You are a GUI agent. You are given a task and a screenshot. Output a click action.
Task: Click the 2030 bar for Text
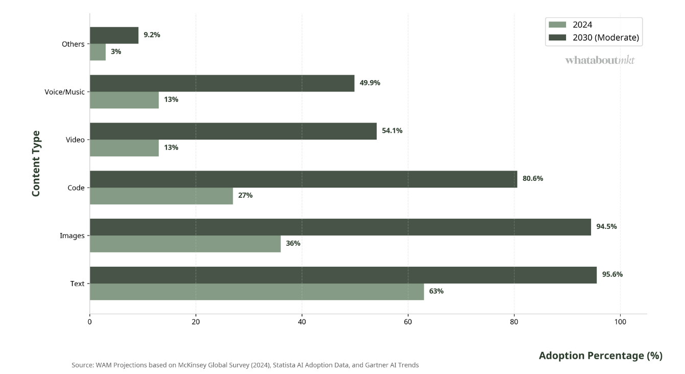pyautogui.click(x=343, y=275)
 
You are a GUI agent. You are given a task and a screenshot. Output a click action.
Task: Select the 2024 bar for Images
pyautogui.click(x=185, y=244)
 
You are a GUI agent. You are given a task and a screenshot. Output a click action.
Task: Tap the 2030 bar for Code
pyautogui.click(x=303, y=179)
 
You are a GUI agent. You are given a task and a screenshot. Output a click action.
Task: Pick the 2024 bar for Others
pyautogui.click(x=97, y=52)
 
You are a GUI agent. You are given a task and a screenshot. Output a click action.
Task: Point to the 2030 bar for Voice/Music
pyautogui.click(x=222, y=83)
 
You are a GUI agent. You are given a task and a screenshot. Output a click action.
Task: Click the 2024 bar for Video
pyautogui.click(x=124, y=148)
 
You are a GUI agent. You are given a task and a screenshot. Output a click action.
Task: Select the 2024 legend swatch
pyautogui.click(x=557, y=25)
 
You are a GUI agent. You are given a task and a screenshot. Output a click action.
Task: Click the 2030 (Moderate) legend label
pyautogui.click(x=605, y=37)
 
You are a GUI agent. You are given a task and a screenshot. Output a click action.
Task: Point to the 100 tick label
pyautogui.click(x=620, y=322)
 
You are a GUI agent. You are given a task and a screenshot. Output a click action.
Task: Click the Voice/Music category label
pyautogui.click(x=64, y=92)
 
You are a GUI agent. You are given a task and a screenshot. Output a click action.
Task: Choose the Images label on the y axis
pyautogui.click(x=72, y=236)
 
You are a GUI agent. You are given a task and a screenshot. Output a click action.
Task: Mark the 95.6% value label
pyautogui.click(x=612, y=274)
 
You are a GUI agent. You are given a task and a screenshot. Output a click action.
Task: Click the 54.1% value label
pyautogui.click(x=392, y=131)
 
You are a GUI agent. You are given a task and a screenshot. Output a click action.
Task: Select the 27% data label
pyautogui.click(x=245, y=195)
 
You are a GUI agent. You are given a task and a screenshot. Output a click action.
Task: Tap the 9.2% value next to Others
pyautogui.click(x=152, y=35)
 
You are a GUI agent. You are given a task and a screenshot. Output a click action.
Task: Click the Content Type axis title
pyautogui.click(x=36, y=163)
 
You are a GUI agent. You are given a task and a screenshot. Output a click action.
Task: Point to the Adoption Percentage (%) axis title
pyautogui.click(x=600, y=356)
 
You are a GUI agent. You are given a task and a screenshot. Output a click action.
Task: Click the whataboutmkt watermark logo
pyautogui.click(x=600, y=60)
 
